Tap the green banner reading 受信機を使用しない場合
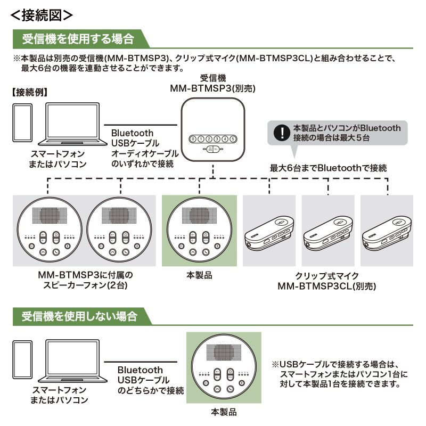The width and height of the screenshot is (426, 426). pos(80,316)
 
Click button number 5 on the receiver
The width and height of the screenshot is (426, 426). pos(233,140)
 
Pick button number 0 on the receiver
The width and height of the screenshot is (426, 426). pos(193,140)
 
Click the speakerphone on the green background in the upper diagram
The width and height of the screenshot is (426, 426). pos(200,230)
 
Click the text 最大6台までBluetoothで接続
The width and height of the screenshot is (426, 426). pos(327,168)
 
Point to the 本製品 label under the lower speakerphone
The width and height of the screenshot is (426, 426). pos(223,412)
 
